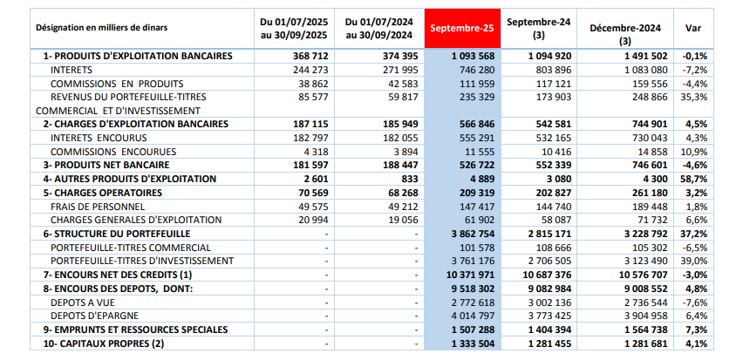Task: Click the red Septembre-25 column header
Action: (x=462, y=28)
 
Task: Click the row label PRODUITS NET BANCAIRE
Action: (x=104, y=165)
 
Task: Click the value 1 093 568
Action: (x=476, y=57)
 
